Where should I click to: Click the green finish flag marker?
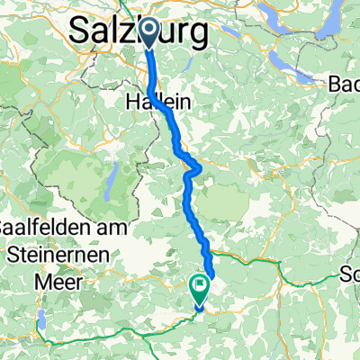tap(198, 289)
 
